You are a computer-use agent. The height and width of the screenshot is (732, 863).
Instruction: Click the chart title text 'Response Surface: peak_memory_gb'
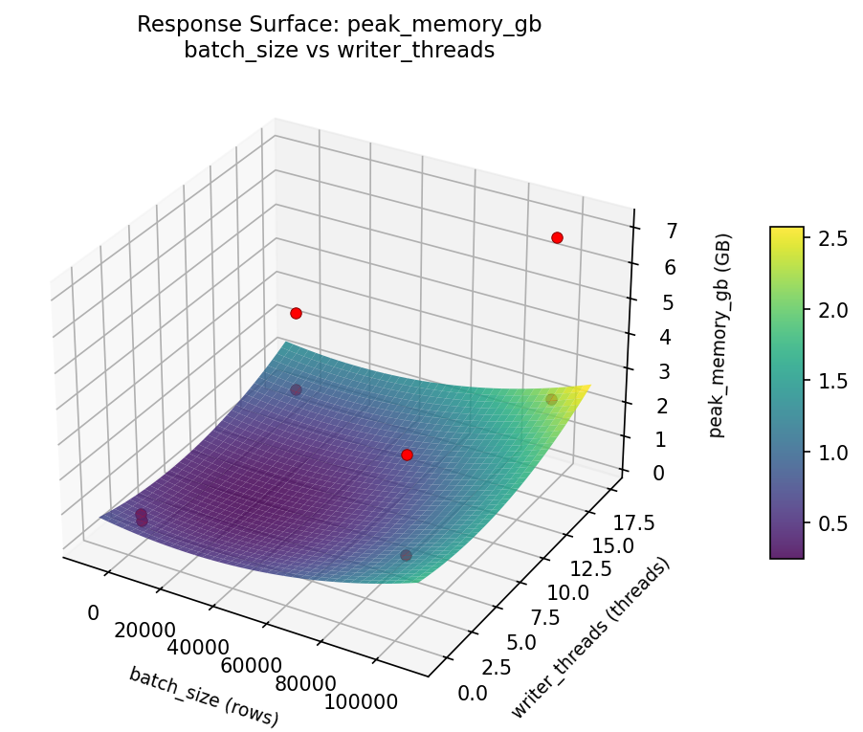pos(339,25)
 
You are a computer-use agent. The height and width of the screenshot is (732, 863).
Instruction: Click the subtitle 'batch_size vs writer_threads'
pos(339,51)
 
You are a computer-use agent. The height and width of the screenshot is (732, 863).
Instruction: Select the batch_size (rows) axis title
pos(204,697)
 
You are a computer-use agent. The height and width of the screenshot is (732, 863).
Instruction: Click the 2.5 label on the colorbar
pos(830,239)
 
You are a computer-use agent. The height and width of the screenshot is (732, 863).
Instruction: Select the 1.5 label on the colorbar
pos(830,381)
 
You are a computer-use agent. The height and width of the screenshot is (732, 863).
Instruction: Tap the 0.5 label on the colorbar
pos(830,522)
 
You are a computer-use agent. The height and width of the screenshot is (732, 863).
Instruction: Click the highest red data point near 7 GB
pos(557,237)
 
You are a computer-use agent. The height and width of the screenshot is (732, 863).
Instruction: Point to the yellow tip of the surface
pos(586,387)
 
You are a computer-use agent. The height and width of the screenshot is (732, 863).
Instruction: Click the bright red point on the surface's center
pos(407,455)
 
